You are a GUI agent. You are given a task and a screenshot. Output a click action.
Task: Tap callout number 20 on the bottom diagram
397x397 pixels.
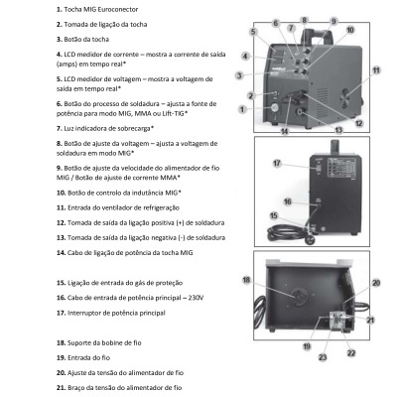tap(376, 283)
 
